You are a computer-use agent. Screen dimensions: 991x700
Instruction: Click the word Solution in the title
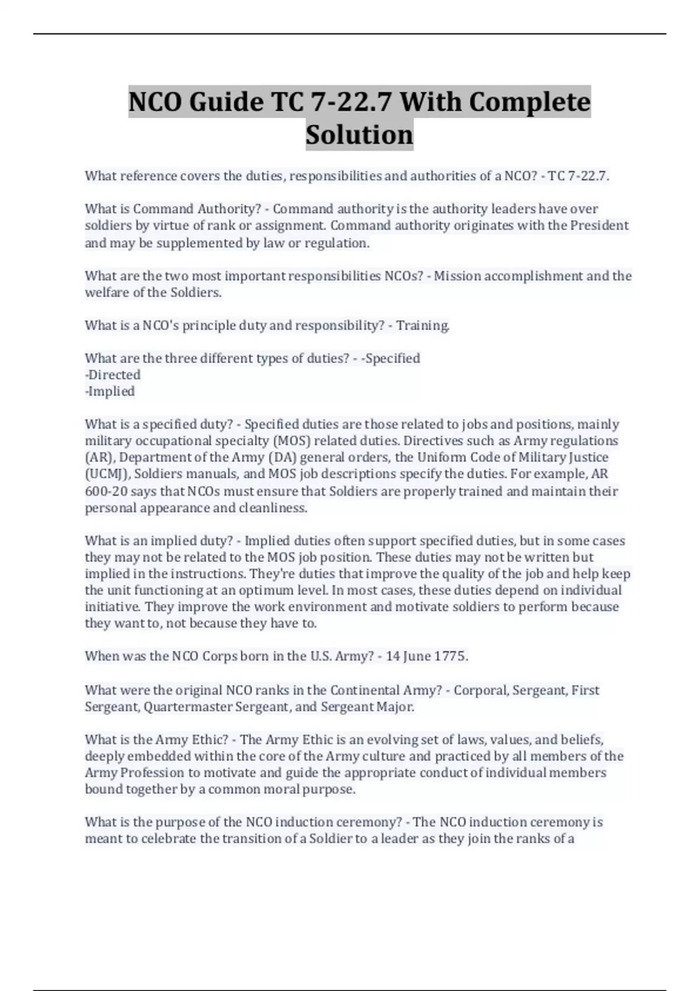359,135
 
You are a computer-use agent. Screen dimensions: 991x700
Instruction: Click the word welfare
107,293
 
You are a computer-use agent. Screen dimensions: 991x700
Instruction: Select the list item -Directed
113,375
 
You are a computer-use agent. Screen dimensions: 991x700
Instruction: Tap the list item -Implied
110,391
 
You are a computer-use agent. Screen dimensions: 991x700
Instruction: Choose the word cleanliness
272,508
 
